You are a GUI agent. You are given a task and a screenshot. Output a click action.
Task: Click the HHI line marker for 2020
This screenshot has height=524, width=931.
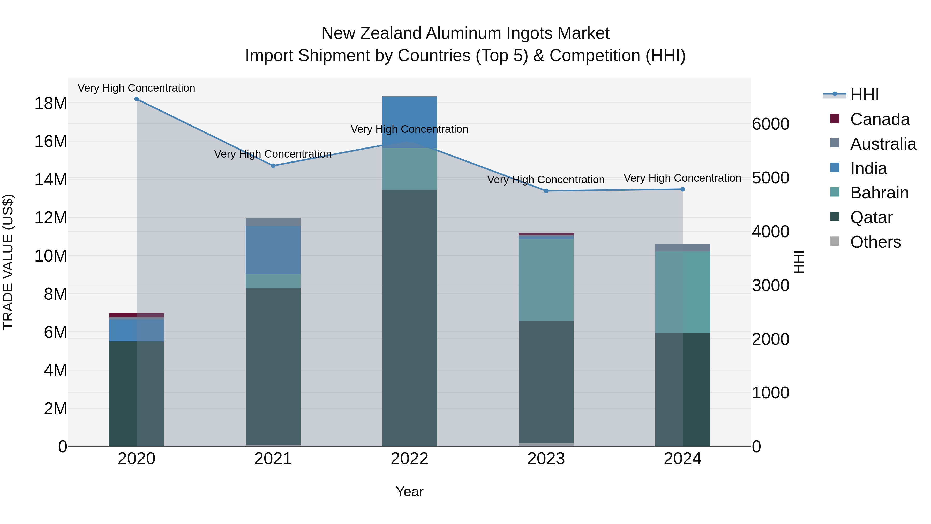click(136, 99)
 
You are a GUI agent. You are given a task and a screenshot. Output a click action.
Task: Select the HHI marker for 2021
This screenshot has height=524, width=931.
click(273, 166)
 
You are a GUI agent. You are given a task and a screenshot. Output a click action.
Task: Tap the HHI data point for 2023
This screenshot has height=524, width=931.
click(546, 191)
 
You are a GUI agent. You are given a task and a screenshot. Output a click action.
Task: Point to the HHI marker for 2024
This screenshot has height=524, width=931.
click(682, 189)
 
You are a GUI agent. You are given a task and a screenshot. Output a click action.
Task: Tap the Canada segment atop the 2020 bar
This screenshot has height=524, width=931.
click(136, 315)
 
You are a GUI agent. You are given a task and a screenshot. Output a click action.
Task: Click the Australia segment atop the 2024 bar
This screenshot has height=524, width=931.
click(682, 248)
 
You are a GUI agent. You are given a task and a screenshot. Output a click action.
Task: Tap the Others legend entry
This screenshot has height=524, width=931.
click(875, 242)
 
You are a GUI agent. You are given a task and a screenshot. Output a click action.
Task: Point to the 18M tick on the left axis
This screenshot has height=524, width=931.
click(51, 104)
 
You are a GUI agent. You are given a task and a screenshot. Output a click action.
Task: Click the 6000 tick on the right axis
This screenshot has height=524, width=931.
click(771, 124)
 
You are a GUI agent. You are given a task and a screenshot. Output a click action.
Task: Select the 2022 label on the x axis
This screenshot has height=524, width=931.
click(409, 459)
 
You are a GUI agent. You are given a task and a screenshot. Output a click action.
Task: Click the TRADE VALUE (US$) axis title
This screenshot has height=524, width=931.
click(8, 262)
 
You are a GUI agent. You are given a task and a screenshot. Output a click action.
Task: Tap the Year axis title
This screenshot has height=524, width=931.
click(409, 491)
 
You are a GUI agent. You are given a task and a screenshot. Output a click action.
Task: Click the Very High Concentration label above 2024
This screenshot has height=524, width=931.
click(682, 178)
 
